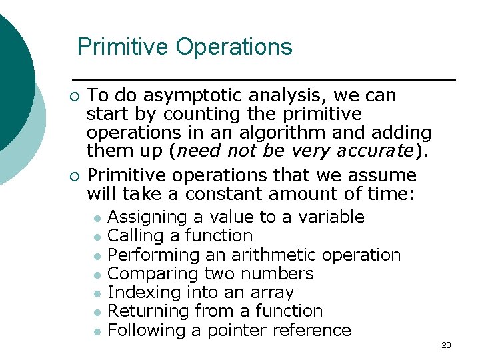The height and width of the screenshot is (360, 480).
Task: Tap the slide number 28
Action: (446, 345)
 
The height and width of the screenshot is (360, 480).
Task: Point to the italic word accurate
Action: (377, 151)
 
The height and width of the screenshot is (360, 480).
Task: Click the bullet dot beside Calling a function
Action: (97, 237)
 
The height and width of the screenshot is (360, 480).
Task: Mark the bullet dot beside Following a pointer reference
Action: (97, 331)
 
